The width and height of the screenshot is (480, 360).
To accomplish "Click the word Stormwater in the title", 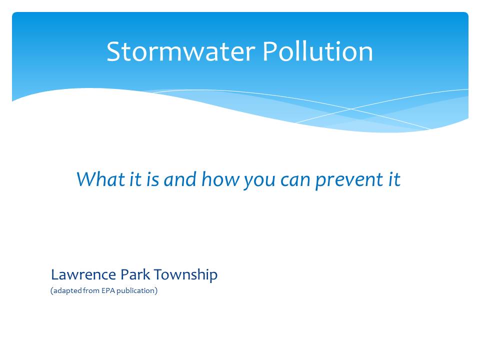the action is tap(181, 51).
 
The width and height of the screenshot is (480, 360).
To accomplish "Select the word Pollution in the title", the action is tap(318, 51).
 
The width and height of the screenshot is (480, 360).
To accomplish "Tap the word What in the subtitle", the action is tap(100, 179).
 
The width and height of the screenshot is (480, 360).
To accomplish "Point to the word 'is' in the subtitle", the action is tap(152, 179).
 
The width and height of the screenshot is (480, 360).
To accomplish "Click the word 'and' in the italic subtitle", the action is tap(180, 179).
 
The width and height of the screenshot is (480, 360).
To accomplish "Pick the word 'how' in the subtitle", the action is tap(220, 179).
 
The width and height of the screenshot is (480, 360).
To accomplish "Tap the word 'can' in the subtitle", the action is tap(295, 181).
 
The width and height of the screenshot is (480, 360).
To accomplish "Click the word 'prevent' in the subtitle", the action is tap(349, 180).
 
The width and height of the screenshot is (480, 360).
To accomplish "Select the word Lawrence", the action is tap(83, 274).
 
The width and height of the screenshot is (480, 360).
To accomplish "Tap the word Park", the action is tap(135, 274).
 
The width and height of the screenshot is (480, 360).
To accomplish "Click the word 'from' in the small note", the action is tap(91, 290).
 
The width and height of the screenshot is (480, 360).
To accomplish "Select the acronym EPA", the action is tap(108, 290).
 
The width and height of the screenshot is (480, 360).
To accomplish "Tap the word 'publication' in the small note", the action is tap(135, 291).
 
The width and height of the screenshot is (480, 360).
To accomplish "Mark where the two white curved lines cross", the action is tap(351, 108).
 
